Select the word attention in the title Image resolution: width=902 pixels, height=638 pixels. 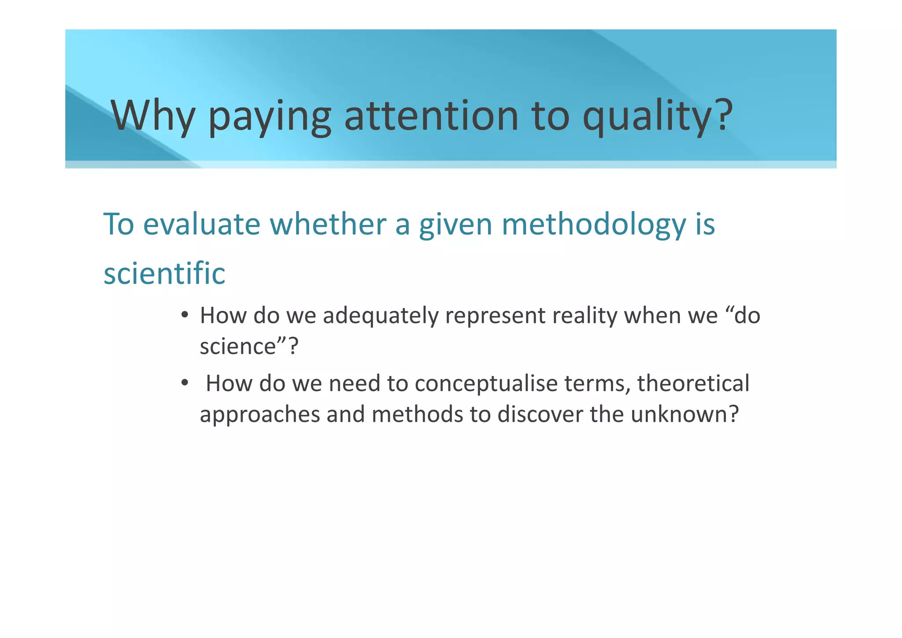coord(431,116)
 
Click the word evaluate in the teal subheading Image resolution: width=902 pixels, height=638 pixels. coord(202,224)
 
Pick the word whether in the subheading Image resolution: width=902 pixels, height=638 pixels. coord(328,224)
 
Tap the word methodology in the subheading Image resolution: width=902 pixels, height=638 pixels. coord(593,224)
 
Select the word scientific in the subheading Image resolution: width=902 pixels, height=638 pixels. coord(164,273)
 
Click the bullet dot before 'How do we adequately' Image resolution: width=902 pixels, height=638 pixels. coord(185,315)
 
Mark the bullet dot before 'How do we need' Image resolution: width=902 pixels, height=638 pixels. coord(185,383)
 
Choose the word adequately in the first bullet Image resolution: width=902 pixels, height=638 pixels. coord(381,316)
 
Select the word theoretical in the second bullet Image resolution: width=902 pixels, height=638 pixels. coord(693,383)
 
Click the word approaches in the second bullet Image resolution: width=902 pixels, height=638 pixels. coord(260,414)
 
